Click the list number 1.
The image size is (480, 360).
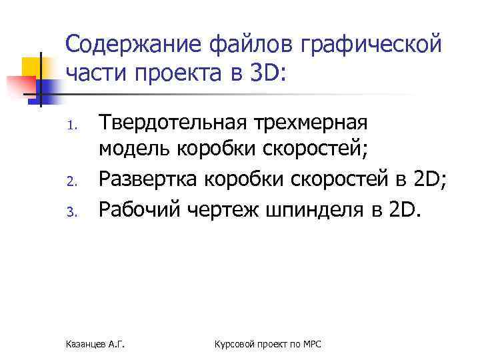(75, 125)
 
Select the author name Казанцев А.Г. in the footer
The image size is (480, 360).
(97, 343)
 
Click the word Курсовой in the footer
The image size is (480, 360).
(233, 343)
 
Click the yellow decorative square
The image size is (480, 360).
(33, 67)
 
